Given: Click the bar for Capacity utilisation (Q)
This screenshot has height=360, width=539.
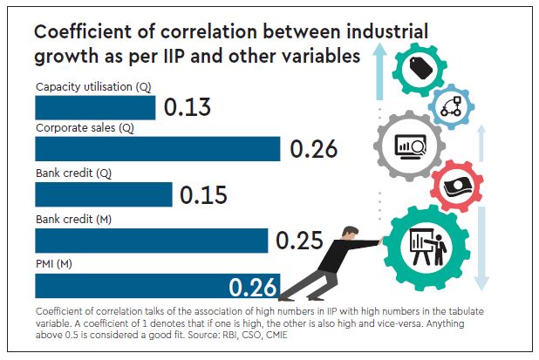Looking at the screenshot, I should click(94, 107).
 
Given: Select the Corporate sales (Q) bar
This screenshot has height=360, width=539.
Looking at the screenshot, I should click(157, 149).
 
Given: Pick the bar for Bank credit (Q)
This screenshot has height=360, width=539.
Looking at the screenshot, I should click(103, 194).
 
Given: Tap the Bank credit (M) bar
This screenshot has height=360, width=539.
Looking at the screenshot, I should click(151, 240).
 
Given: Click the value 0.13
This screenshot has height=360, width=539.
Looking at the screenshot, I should click(188, 107).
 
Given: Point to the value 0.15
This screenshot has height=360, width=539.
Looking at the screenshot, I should click(204, 194).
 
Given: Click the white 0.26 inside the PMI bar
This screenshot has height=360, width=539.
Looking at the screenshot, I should click(253, 286).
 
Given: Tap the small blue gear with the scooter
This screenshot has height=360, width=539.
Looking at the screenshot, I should click(453, 106).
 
